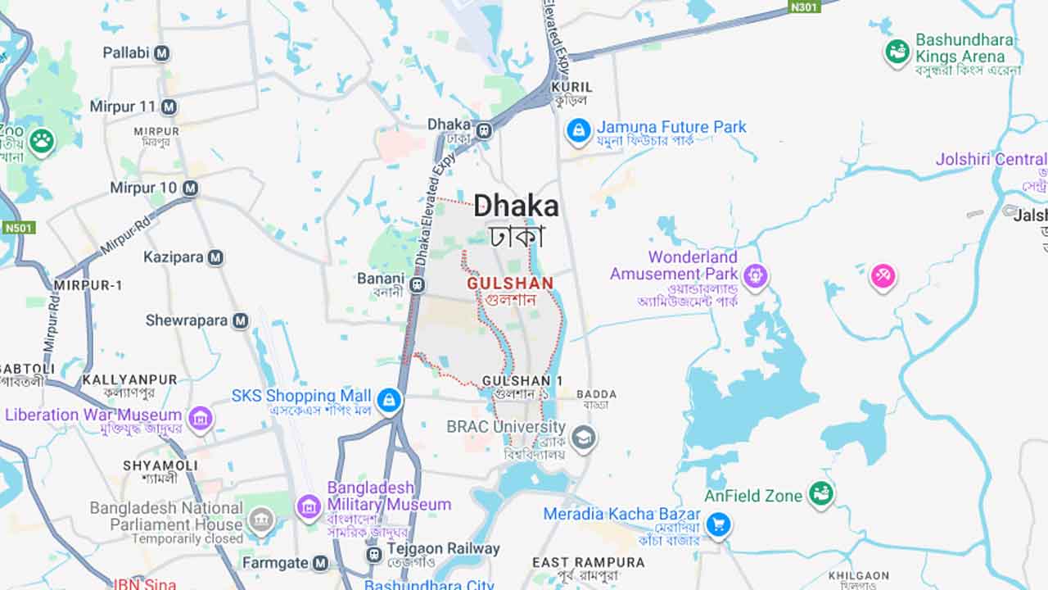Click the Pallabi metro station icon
162,53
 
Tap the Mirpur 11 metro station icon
169,107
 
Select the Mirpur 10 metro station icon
190,188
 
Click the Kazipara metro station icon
215,258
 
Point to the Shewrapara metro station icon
240,320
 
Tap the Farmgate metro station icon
320,563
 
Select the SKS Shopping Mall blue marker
389,401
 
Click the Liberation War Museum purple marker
200,419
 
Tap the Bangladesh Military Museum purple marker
309,507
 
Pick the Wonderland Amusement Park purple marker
755,276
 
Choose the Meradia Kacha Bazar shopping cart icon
718,524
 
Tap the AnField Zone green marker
820,494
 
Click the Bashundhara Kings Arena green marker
897,52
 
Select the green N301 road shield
804,7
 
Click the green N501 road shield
18,227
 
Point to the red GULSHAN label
510,284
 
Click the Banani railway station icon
418,285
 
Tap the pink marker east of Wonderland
883,277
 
